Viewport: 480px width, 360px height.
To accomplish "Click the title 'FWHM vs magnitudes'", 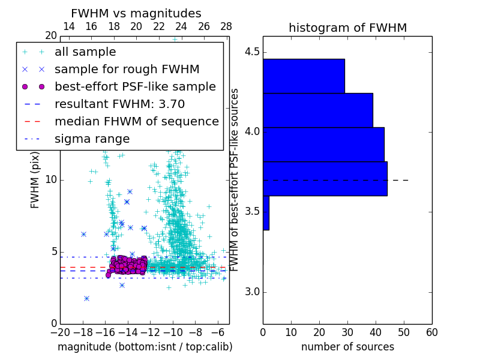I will tap(136, 14).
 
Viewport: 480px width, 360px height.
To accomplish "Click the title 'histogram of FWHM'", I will tap(347, 28).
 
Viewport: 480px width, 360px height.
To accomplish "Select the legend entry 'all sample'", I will tap(85, 52).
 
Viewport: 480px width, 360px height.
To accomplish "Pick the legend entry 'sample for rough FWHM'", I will tap(127, 69).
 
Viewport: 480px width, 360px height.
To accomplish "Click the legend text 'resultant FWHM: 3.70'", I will tap(119, 104).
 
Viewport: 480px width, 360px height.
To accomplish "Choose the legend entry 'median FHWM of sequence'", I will tap(136, 121).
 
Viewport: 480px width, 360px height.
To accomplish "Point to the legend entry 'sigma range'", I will tap(92, 139).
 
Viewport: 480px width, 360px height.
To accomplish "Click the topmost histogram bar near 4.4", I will tap(304, 76).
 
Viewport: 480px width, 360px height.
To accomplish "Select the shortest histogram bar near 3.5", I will tap(266, 213).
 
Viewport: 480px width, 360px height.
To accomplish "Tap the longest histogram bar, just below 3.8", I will tap(325, 179).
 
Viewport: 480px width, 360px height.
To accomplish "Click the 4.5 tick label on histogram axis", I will tap(251, 52).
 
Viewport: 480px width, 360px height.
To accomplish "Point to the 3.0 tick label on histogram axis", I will tap(251, 292).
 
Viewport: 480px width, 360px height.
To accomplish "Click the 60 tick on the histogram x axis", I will tap(431, 332).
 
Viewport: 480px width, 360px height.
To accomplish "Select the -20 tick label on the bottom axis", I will tap(60, 332).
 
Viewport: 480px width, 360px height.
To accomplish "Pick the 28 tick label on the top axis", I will tap(226, 26).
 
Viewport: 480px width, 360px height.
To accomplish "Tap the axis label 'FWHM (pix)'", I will tap(35, 179).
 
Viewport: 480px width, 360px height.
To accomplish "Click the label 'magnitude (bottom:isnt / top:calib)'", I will tap(145, 347).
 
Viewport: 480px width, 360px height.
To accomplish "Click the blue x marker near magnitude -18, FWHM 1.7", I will tap(86, 298).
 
